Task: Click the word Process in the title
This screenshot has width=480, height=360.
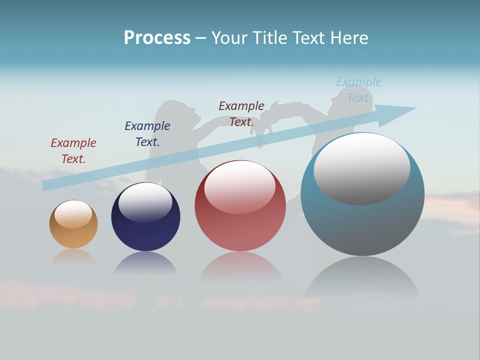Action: click(157, 38)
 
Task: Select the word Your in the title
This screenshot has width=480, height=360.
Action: click(229, 38)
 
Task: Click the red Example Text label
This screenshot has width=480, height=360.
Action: click(73, 150)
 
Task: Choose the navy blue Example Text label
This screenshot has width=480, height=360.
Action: click(147, 133)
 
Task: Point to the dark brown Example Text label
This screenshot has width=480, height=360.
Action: click(241, 113)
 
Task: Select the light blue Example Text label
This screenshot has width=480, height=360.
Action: click(359, 89)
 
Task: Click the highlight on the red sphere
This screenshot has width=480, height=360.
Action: click(240, 186)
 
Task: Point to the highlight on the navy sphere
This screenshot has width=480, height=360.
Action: click(145, 201)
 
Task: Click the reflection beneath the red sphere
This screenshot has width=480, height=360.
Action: click(240, 265)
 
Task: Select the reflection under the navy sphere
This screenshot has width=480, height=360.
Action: click(145, 262)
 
